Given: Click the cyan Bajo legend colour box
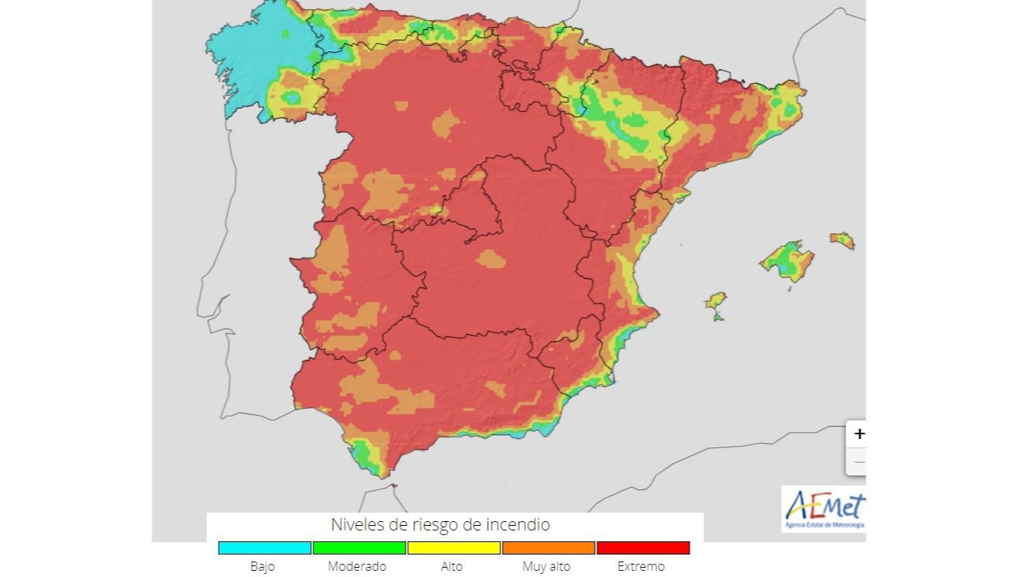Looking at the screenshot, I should [x=265, y=548].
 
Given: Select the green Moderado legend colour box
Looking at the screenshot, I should [x=359, y=548].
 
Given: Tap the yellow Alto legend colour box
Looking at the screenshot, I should [x=454, y=548].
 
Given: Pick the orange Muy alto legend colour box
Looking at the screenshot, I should [x=548, y=548].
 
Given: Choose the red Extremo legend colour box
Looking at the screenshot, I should [x=643, y=548].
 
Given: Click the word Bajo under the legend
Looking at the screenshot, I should [x=262, y=566].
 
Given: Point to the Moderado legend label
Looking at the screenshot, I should [x=357, y=566].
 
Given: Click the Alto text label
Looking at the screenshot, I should [x=451, y=566].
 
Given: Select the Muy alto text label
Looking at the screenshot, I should [x=546, y=566].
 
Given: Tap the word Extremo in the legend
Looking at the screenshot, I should [x=641, y=566].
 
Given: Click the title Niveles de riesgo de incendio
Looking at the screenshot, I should [x=440, y=525].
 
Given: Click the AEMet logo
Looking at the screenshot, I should [x=824, y=509].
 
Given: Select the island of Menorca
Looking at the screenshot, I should [x=842, y=240].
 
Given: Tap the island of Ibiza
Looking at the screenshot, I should [x=715, y=301].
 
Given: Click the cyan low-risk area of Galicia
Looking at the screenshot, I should [x=256, y=54].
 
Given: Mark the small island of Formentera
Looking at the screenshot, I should [x=718, y=316].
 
